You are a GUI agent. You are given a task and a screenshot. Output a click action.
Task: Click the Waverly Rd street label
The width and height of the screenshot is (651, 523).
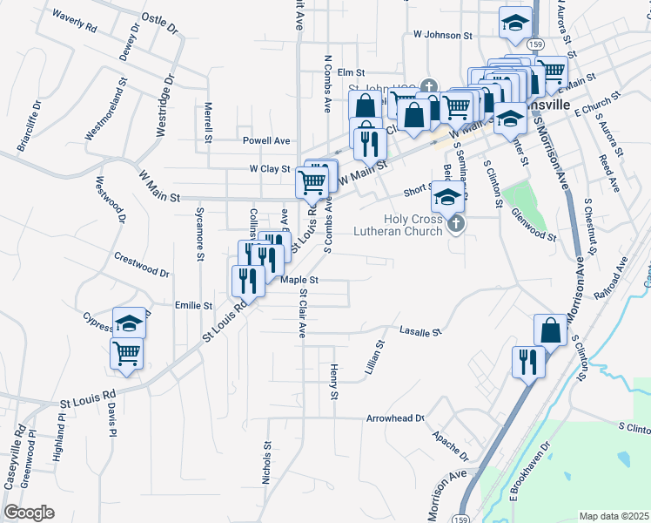point(74,20)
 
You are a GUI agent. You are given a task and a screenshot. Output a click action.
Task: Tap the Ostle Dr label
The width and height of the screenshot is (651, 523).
point(158,24)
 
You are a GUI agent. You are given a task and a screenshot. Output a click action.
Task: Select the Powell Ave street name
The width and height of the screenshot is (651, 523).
point(266,140)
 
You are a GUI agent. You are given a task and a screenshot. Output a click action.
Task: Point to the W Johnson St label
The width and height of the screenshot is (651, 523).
point(442,36)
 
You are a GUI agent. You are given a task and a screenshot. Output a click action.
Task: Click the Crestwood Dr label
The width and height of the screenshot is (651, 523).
point(142,264)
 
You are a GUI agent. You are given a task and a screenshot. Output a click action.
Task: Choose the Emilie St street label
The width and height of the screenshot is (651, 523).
point(194,306)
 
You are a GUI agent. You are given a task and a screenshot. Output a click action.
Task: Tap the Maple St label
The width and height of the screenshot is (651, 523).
point(301,280)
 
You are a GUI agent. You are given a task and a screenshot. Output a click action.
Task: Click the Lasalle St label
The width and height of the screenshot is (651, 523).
point(421,331)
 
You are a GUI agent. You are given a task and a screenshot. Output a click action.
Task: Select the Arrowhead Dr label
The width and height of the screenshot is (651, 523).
point(395,418)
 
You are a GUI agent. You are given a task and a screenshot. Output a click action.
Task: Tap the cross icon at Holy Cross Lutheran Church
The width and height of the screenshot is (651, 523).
point(455,225)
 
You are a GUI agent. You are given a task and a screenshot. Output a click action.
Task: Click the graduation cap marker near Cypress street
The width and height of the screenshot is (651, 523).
point(129,323)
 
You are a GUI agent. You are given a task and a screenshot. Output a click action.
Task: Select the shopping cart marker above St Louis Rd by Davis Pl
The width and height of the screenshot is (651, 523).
point(127,354)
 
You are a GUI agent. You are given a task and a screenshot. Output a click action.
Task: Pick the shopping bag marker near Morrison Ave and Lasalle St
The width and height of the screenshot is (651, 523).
point(550,330)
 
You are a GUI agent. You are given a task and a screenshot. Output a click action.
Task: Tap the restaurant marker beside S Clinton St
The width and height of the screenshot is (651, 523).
point(527,361)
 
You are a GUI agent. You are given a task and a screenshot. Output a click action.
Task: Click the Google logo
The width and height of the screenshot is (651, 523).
point(29,513)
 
